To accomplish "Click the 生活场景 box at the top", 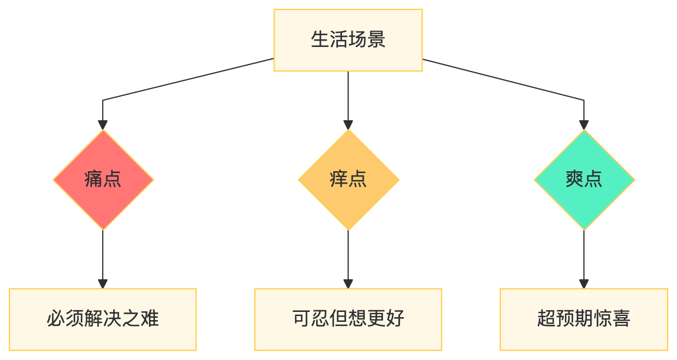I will (348, 40).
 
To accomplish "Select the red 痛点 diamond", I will (103, 179).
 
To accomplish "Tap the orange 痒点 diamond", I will (348, 179).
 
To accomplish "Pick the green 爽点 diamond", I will (584, 179).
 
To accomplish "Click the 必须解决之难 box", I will (103, 319).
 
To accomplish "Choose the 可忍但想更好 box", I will (348, 319).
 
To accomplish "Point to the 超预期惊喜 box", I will (584, 319).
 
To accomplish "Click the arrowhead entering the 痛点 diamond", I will (103, 125).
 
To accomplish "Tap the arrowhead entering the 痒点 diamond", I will (348, 125).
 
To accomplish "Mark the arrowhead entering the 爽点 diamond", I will (584, 125).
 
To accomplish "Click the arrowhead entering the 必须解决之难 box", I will (103, 284).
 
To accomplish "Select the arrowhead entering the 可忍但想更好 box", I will (348, 284).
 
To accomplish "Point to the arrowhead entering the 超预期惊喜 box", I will (584, 284).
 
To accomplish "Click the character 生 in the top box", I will (320, 40).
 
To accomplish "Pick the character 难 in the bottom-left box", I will (150, 319).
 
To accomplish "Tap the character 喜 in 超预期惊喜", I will (621, 319).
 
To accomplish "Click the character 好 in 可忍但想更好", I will (395, 319).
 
